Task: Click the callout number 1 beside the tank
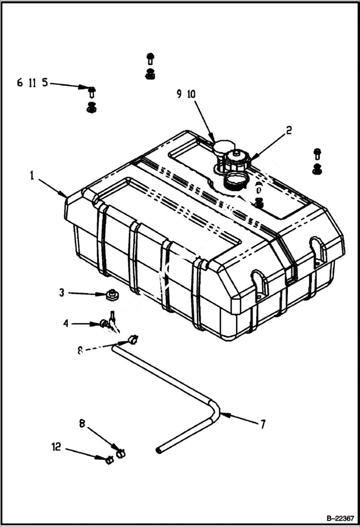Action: point(32,176)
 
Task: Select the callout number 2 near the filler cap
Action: point(289,130)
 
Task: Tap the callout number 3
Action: point(62,292)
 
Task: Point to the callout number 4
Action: point(66,323)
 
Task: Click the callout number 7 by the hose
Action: point(263,424)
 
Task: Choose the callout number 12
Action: point(56,448)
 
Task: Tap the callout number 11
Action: point(32,83)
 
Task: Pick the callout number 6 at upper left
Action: point(20,83)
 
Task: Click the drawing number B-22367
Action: point(340,518)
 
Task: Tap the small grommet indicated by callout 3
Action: point(113,294)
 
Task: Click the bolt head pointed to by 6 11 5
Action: point(91,89)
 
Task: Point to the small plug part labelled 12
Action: point(109,460)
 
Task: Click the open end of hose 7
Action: point(159,450)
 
